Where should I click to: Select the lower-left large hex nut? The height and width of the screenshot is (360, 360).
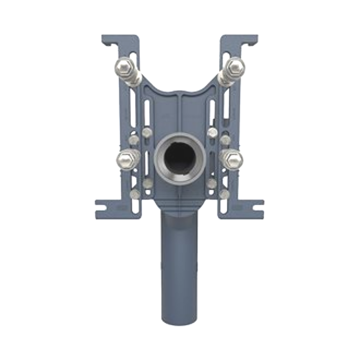(126, 160)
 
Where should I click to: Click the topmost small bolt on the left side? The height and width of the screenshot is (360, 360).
(147, 132)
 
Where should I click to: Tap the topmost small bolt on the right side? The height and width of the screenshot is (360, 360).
(212, 132)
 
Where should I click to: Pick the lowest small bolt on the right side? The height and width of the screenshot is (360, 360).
(225, 194)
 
